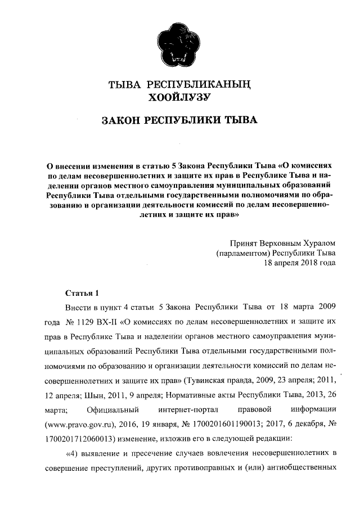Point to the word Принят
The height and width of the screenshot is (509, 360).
point(243,243)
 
